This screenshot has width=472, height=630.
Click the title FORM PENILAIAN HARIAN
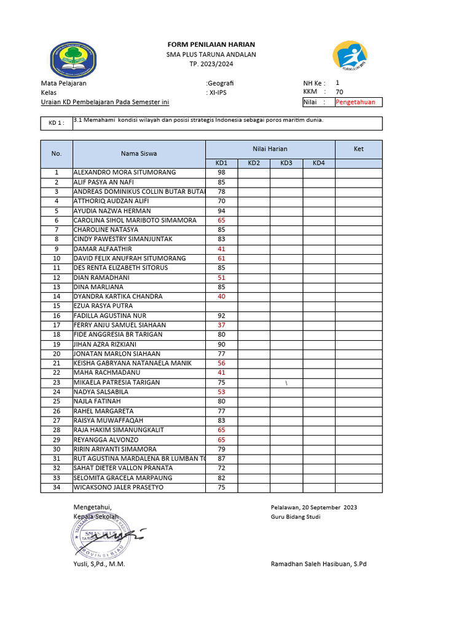(211, 45)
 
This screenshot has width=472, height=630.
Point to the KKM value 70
(339, 92)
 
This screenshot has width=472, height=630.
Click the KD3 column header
(286, 163)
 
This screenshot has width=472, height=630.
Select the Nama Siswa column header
(138, 154)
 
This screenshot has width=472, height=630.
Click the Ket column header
(358, 149)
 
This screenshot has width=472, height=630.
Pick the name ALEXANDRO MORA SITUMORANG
(125, 173)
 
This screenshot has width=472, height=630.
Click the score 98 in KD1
(221, 173)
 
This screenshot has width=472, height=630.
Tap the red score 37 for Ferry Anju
(221, 325)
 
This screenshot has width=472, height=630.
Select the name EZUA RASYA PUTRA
(103, 306)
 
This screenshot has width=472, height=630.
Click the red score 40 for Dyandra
(221, 297)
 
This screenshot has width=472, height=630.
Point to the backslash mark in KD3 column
(286, 383)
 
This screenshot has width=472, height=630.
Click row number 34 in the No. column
(57, 487)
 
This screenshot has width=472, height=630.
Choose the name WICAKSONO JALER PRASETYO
(119, 487)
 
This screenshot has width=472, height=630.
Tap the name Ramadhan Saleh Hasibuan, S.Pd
(318, 564)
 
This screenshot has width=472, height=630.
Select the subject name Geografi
(221, 83)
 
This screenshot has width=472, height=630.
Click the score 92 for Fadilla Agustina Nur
(221, 316)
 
